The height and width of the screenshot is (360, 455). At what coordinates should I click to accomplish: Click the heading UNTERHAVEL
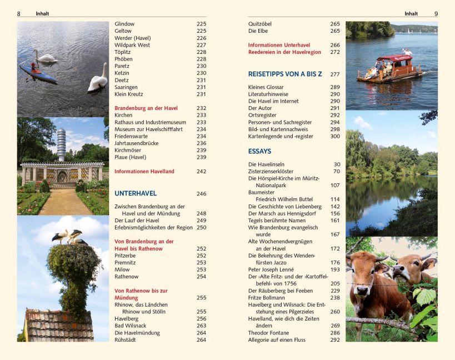tap(136, 194)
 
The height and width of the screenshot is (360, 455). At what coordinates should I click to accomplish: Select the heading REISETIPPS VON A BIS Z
tap(285, 74)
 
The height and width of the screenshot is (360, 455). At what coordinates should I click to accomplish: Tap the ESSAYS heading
tap(259, 151)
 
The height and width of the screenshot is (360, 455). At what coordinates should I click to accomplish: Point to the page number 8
tap(19, 13)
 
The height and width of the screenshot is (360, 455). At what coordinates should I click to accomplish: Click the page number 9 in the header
tap(436, 13)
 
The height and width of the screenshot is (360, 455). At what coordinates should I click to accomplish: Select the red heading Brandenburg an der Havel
tap(146, 108)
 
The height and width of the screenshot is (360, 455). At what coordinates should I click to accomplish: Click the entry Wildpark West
tap(132, 45)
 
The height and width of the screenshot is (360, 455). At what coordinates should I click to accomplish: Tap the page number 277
tap(335, 74)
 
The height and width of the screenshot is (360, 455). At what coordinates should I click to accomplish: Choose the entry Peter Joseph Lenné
tap(272, 269)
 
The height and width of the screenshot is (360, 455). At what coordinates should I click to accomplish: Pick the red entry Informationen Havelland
tap(144, 172)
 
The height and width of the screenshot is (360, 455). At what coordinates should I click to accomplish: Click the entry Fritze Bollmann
tap(267, 298)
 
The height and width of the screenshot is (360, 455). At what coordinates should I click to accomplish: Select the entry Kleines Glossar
tap(266, 87)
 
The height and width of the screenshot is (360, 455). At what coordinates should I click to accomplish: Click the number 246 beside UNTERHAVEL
tap(201, 194)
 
